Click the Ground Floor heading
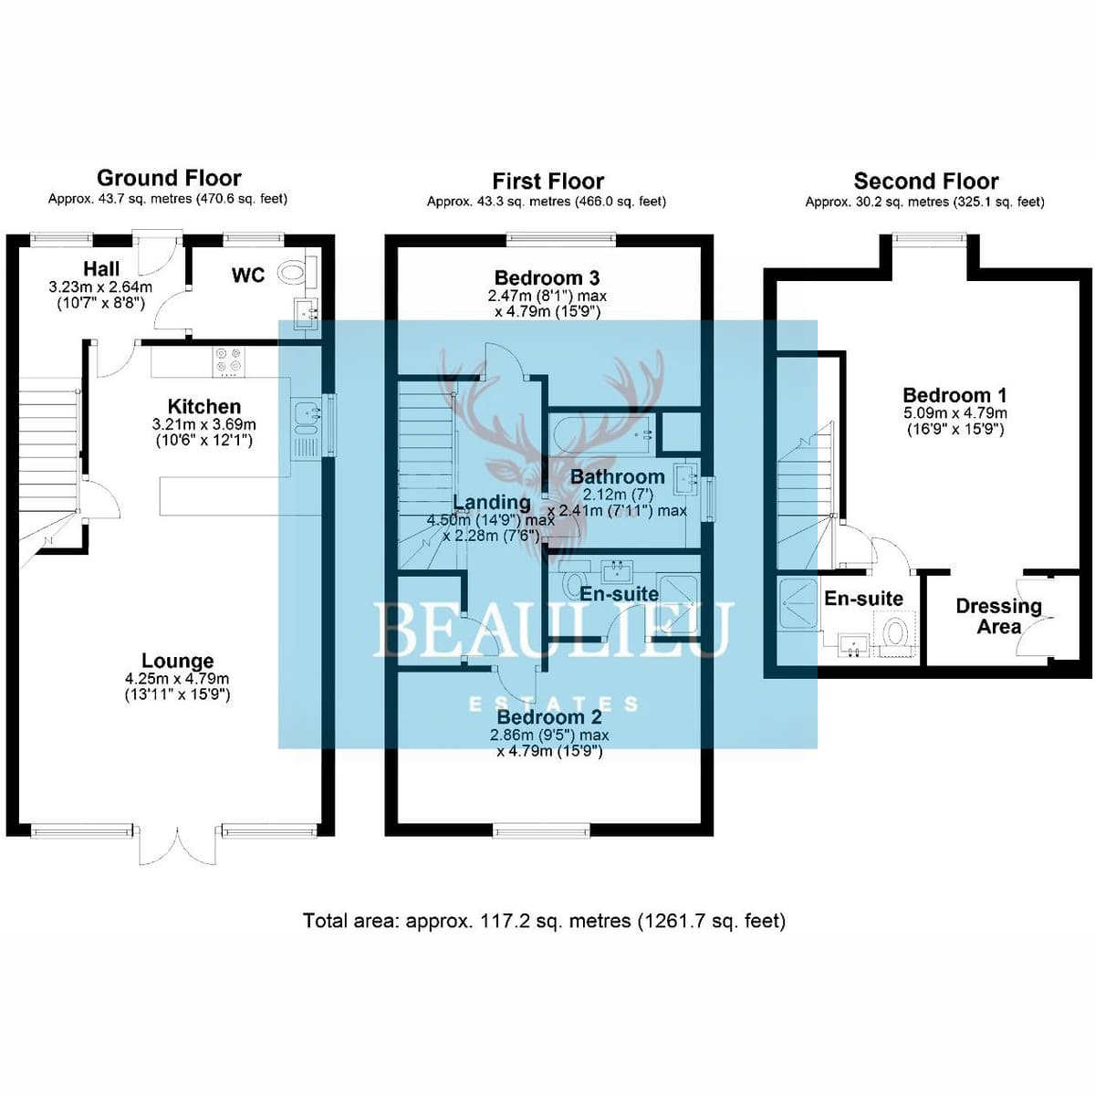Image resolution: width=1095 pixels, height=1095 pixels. [169, 178]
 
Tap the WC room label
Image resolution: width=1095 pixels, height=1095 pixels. [248, 276]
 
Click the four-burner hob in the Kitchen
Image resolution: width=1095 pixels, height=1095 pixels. [229, 361]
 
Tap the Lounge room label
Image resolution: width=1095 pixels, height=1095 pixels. [177, 661]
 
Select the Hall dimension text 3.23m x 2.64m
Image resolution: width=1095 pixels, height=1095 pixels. [100, 287]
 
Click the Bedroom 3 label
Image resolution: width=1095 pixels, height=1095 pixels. [547, 277]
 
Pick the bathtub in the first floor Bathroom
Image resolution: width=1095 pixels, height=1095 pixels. [603, 434]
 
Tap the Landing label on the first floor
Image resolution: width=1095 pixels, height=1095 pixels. [492, 502]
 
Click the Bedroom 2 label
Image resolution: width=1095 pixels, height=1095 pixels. [549, 717]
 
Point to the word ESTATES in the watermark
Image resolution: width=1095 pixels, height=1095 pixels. [552, 704]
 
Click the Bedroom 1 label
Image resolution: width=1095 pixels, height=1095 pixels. [954, 395]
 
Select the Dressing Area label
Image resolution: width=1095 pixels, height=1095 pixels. [998, 617]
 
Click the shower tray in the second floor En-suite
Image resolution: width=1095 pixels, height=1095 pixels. [799, 603]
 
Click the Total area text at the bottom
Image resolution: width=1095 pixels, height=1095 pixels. [545, 921]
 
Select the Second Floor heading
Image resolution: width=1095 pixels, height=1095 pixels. [925, 182]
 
